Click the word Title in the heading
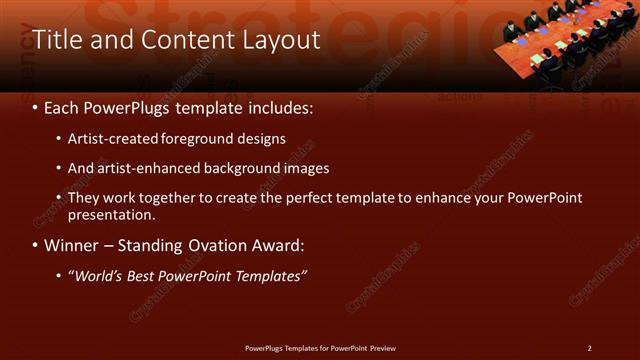tap(56, 40)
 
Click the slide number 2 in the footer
tap(589, 348)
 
